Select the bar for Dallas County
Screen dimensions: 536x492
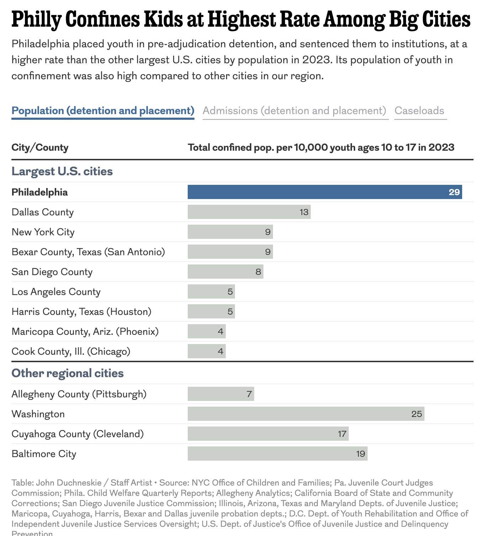point(249,212)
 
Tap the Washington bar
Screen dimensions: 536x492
point(306,414)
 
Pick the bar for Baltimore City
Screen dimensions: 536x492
point(277,454)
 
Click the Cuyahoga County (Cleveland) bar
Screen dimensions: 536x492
point(268,434)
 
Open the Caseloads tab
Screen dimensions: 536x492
point(419,111)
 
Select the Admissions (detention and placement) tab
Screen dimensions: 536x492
point(294,111)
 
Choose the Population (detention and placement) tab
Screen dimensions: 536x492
point(103,111)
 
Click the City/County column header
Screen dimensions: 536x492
point(40,148)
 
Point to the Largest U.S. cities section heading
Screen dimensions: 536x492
point(62,171)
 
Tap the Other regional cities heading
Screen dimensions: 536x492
point(68,373)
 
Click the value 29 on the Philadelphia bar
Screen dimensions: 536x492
point(454,192)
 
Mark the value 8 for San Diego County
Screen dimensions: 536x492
point(258,272)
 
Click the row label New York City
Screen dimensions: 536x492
point(43,232)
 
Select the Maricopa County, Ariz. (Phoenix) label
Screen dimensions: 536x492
point(85,332)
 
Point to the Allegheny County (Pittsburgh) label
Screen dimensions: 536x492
point(79,394)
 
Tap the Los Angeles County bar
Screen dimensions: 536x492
point(211,291)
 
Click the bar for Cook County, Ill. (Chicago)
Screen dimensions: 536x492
point(206,351)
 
